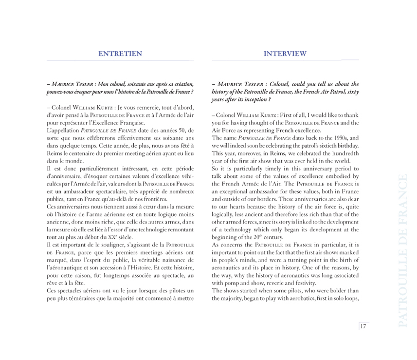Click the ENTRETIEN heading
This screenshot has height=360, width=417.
click(120, 54)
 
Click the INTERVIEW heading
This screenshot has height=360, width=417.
click(285, 54)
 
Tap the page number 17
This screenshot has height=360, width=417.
click(363, 326)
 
